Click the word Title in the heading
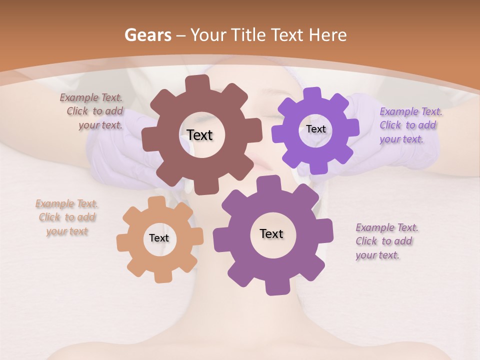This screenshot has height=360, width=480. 248,35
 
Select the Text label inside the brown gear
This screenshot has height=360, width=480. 199,135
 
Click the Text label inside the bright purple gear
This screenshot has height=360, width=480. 315,129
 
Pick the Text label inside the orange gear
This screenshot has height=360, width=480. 159,238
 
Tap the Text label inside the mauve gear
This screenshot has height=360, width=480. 271,233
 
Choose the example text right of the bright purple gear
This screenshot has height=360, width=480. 410,125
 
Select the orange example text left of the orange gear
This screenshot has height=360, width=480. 67,217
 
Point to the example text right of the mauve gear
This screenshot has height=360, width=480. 386,241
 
